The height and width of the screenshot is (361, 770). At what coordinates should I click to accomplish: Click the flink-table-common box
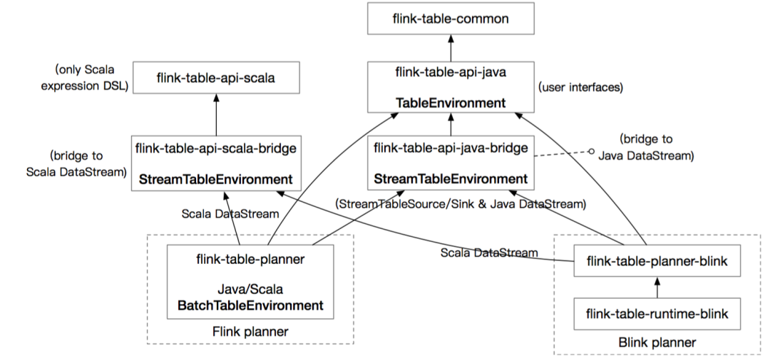pos(451,19)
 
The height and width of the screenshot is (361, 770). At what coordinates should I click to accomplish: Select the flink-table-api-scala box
pos(215,78)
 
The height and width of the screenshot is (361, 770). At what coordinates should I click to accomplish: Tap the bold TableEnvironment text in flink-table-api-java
pos(451,103)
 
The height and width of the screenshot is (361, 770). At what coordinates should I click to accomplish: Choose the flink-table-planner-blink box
pos(657,262)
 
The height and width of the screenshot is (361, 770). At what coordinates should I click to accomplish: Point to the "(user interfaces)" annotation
pos(582,88)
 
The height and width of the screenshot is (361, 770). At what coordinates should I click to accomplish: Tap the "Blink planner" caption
pos(657,342)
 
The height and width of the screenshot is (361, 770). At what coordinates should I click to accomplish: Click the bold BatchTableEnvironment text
pos(250,305)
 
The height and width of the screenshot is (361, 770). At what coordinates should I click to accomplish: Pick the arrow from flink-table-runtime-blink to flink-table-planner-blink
pos(657,287)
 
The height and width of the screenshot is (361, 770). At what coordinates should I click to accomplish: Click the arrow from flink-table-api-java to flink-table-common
pos(451,48)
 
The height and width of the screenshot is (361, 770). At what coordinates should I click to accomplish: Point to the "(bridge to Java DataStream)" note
pos(646,146)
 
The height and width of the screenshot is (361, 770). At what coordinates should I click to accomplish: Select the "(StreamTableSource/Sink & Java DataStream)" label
pos(460,204)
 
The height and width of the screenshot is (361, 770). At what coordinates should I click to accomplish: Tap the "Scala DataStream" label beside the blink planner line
pos(488,253)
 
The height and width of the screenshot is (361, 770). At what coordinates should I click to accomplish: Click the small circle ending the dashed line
pos(591,151)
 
